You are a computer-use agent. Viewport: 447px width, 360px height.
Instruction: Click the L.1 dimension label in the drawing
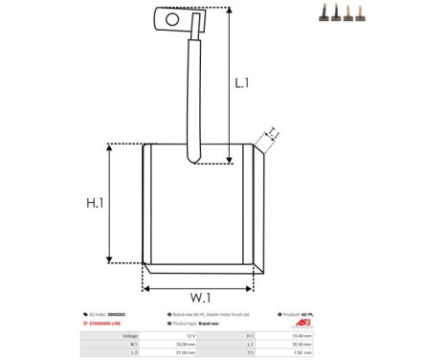click(241, 83)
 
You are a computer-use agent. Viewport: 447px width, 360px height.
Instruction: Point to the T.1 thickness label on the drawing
click(272, 133)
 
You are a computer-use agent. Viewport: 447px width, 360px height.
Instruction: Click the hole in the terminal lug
click(172, 18)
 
